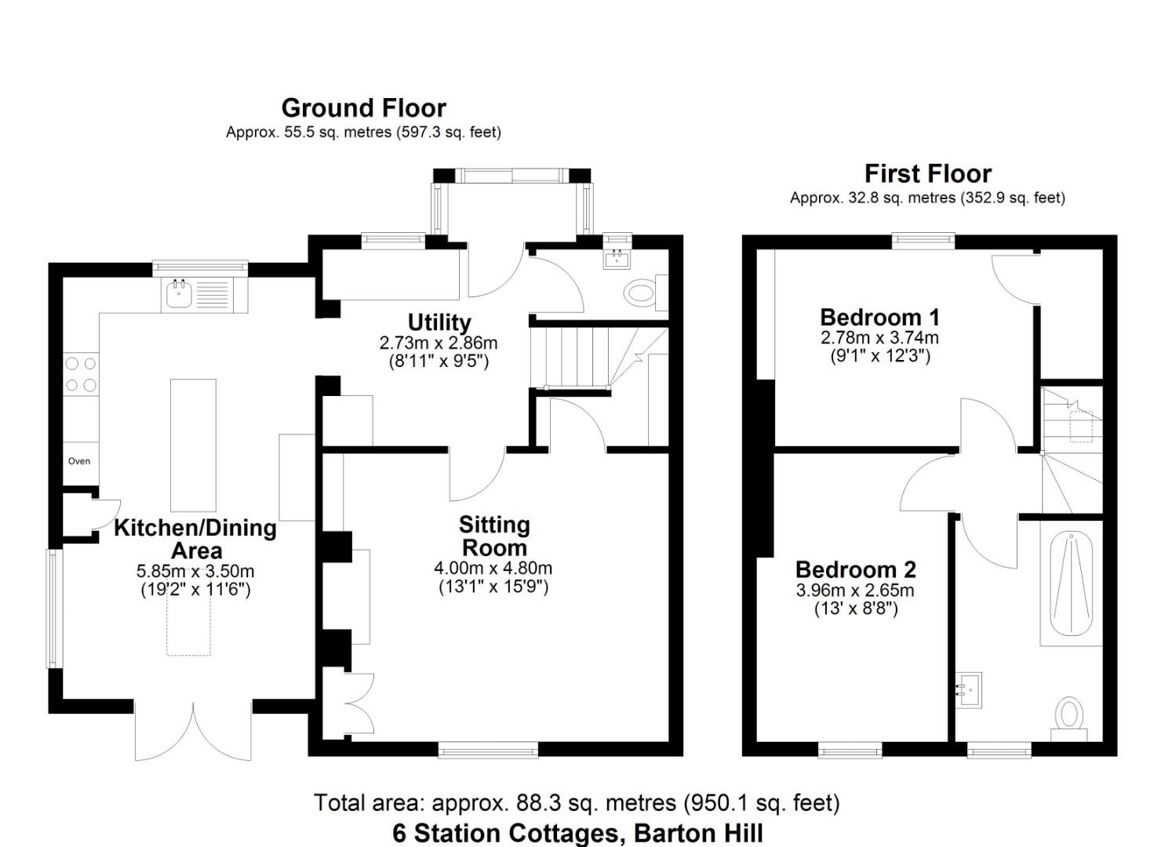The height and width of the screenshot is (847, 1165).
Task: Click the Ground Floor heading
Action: (x=363, y=108)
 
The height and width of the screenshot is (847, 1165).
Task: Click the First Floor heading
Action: (x=927, y=173)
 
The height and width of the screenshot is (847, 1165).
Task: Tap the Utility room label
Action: (x=439, y=322)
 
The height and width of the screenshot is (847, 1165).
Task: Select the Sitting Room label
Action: (x=493, y=536)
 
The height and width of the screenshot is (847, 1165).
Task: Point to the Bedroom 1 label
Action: (x=879, y=318)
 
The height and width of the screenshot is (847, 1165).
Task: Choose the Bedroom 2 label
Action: (x=855, y=569)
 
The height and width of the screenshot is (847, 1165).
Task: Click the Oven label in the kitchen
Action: (x=79, y=461)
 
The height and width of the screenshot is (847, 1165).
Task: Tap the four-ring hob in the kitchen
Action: (x=80, y=374)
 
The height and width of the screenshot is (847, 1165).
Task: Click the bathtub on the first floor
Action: (x=1071, y=585)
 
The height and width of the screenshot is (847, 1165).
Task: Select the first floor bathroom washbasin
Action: (x=969, y=690)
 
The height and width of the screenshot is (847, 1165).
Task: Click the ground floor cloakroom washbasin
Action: (x=617, y=258)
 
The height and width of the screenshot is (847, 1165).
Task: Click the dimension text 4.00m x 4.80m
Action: (x=493, y=568)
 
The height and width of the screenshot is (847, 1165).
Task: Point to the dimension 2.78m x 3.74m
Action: (x=879, y=338)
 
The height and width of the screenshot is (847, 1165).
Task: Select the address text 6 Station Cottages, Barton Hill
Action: (x=577, y=833)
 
